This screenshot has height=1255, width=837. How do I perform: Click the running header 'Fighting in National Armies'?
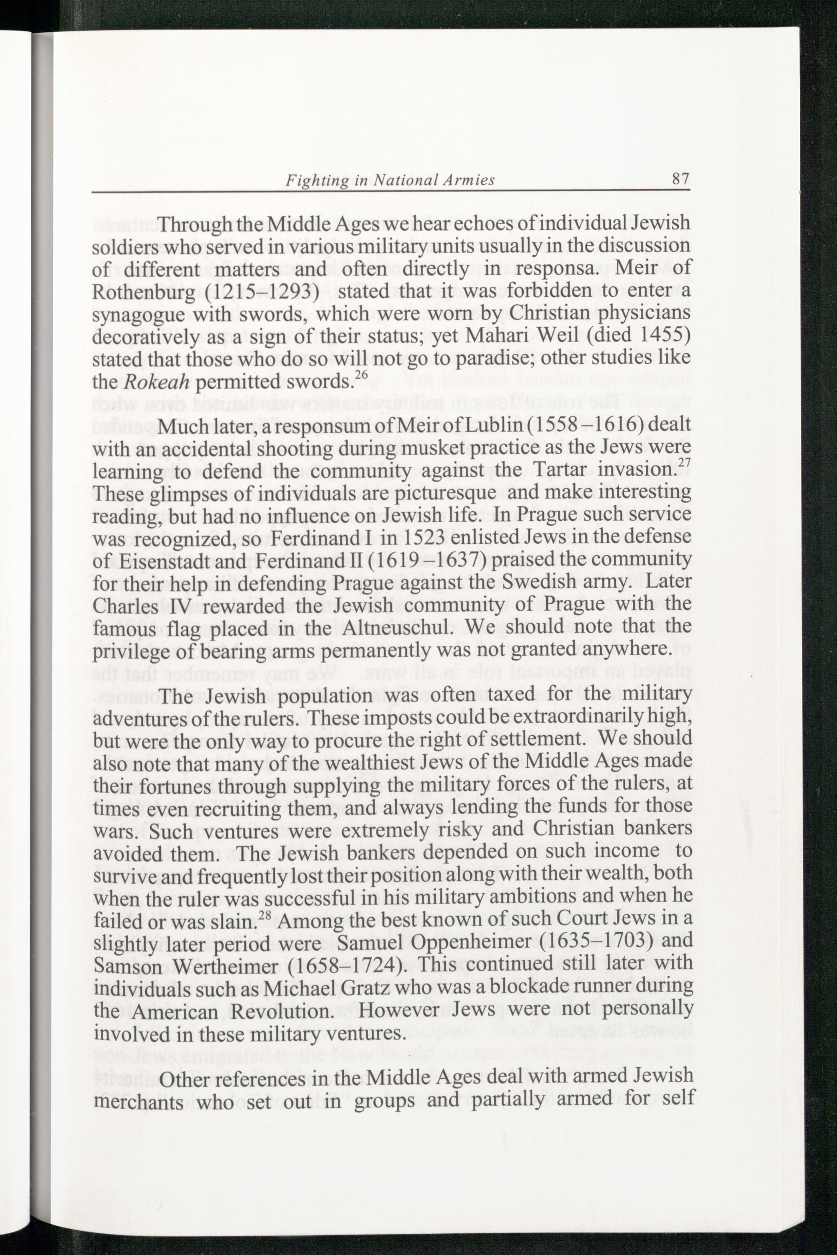[x=390, y=181]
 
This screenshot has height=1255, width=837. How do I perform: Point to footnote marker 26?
[x=362, y=375]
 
